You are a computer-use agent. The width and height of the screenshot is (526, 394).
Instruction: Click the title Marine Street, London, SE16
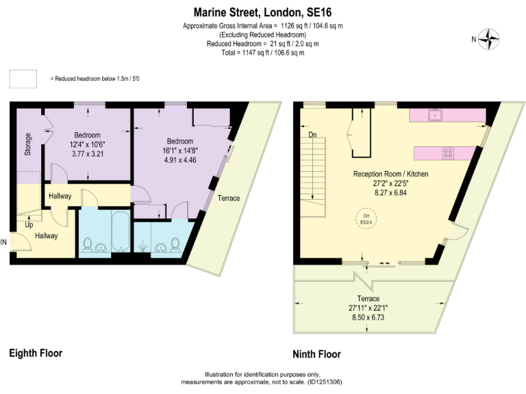click(262, 12)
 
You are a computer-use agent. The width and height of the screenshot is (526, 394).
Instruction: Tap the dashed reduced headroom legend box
click(23, 79)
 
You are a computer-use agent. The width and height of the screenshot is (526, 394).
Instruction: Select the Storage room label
click(28, 144)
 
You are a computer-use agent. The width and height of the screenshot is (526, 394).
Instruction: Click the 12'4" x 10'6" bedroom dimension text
click(87, 144)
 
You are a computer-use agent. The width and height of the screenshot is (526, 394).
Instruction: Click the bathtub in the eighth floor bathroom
click(119, 233)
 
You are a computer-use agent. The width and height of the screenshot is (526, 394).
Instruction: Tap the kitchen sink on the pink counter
click(434, 116)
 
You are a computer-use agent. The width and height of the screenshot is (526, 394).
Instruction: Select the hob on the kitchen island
click(448, 153)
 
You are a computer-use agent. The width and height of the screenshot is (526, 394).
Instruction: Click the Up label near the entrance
click(29, 224)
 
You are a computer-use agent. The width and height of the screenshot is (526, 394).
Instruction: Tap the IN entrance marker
click(4, 241)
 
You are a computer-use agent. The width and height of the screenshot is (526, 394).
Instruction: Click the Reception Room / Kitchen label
click(390, 174)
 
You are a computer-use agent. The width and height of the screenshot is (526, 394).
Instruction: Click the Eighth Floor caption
click(36, 353)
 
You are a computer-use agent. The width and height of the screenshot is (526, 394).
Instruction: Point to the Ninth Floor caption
click(316, 354)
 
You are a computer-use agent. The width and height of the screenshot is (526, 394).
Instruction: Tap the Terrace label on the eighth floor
click(228, 198)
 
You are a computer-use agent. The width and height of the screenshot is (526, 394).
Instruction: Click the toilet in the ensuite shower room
click(176, 244)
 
